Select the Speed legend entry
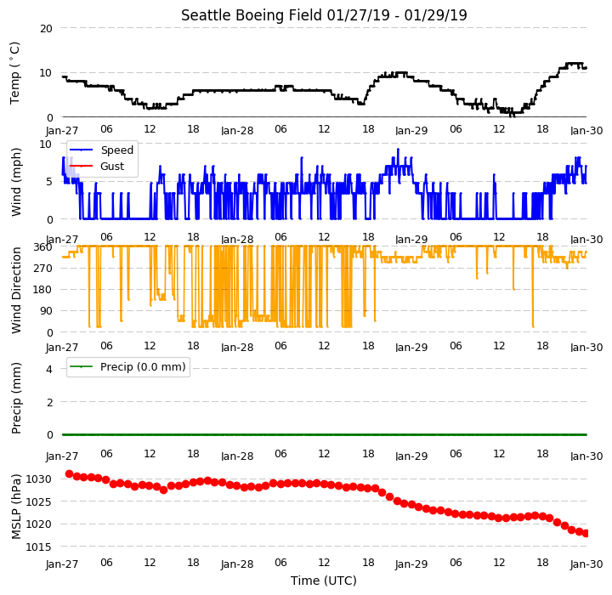101,150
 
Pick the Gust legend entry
97,167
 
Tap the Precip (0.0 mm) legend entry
127,367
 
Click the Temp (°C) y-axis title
14,73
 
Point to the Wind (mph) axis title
16,182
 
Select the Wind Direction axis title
16,290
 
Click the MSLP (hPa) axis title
16,507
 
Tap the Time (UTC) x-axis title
324,581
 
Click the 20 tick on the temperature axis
46,29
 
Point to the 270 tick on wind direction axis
43,269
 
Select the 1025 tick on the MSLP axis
38,501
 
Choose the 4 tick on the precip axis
49,369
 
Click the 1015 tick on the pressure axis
38,547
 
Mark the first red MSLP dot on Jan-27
69,474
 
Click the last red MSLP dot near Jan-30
586,533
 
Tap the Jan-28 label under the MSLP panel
237,564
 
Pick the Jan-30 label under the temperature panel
586,130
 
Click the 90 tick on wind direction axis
46,311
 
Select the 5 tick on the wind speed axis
49,182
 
